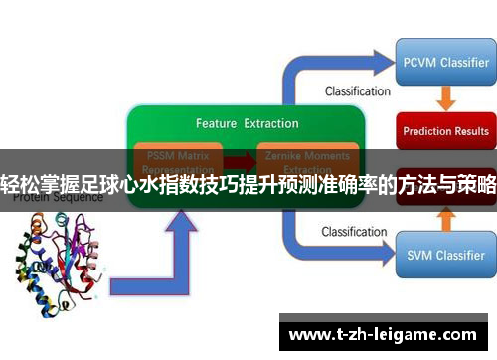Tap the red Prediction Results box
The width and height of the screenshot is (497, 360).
point(445,130)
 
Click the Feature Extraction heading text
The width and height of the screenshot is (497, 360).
point(247,124)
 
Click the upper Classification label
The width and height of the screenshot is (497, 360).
point(357,91)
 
